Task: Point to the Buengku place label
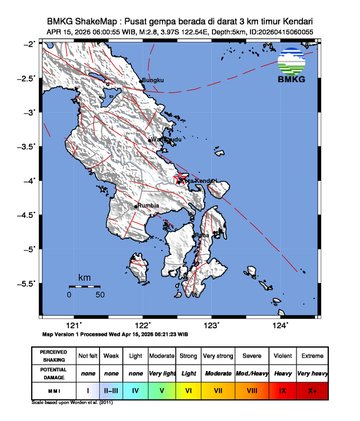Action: pos(151,79)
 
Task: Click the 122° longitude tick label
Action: pos(142,325)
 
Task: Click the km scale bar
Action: pos(84,287)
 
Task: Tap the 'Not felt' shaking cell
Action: pos(88,355)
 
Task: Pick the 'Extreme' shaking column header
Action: pos(317,355)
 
